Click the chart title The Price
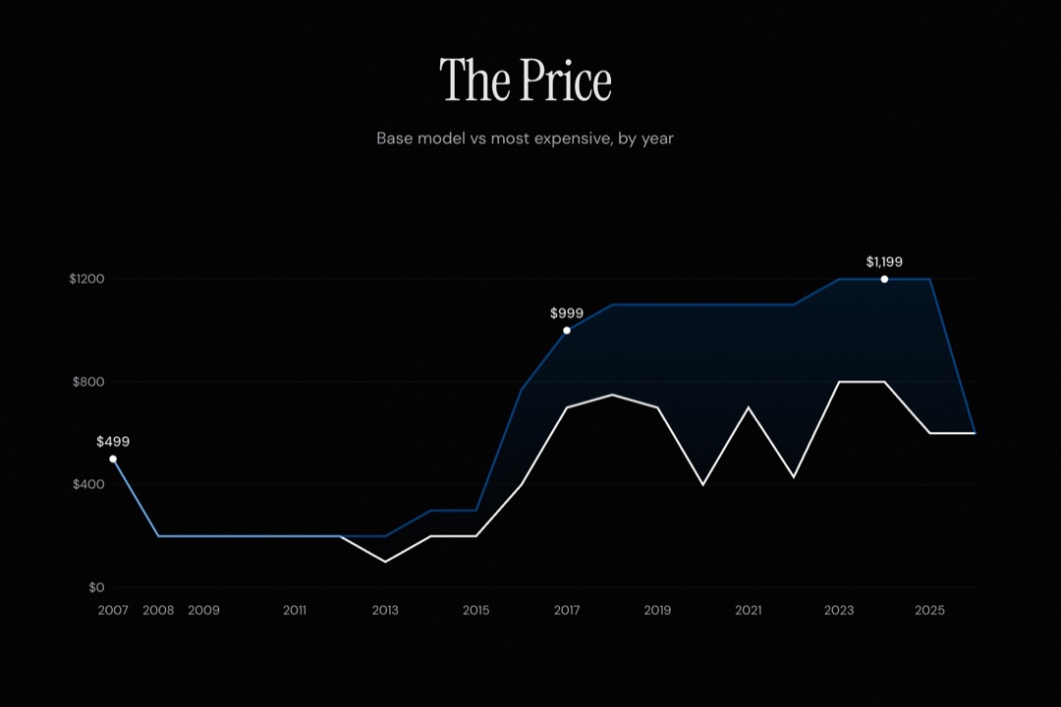point(526,81)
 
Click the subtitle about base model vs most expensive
point(526,138)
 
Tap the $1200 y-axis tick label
point(87,279)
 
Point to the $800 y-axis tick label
point(89,382)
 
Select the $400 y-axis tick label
point(89,484)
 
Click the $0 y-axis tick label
point(95,587)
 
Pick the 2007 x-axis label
point(113,610)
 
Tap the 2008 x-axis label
point(158,610)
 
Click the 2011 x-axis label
point(295,610)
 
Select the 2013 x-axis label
point(385,610)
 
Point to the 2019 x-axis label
point(657,610)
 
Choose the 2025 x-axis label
point(929,610)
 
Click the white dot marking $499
point(113,459)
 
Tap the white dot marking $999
point(567,330)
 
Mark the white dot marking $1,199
point(884,279)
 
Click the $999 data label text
point(567,313)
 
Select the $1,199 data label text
point(884,262)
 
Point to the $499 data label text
point(113,442)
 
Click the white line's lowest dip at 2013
point(385,561)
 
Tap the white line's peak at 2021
point(749,407)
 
